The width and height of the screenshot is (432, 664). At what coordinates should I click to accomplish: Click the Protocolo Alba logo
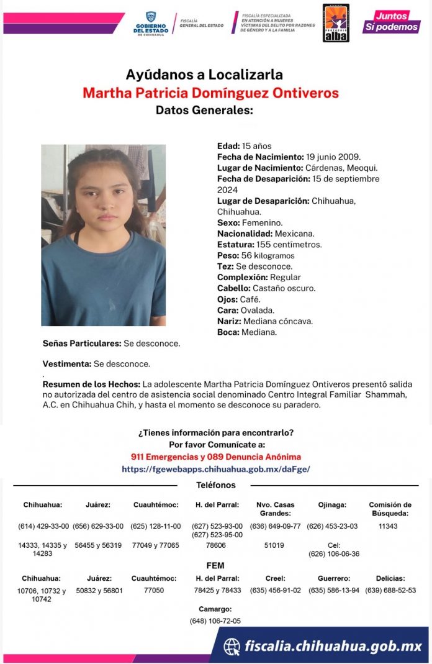click(336, 23)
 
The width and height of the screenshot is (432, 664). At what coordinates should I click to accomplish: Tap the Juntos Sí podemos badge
click(391, 21)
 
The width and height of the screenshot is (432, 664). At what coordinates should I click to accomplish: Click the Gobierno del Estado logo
click(151, 24)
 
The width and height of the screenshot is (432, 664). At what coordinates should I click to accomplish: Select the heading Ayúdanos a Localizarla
click(204, 75)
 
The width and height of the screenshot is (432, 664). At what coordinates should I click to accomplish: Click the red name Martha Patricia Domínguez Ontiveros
click(210, 93)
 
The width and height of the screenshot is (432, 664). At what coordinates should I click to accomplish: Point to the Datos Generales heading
click(204, 111)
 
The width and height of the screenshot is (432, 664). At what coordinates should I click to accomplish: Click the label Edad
click(228, 146)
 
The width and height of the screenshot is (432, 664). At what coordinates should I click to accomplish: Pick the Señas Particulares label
click(81, 343)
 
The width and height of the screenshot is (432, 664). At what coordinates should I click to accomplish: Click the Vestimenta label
click(66, 364)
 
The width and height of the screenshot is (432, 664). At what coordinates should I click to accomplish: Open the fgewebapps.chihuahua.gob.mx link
click(215, 469)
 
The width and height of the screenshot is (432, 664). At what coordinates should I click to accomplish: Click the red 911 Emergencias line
click(215, 457)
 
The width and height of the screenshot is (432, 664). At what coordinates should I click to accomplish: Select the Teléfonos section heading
click(215, 485)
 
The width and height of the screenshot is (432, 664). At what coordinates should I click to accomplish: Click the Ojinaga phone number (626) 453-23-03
click(332, 526)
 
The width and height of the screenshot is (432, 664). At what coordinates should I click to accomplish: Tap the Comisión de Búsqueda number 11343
click(387, 526)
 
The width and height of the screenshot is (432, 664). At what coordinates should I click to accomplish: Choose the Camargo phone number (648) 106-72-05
click(215, 621)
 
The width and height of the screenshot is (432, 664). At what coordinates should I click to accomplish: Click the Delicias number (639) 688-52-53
click(390, 590)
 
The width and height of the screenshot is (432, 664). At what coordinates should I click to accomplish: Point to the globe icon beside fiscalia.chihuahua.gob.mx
click(232, 647)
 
